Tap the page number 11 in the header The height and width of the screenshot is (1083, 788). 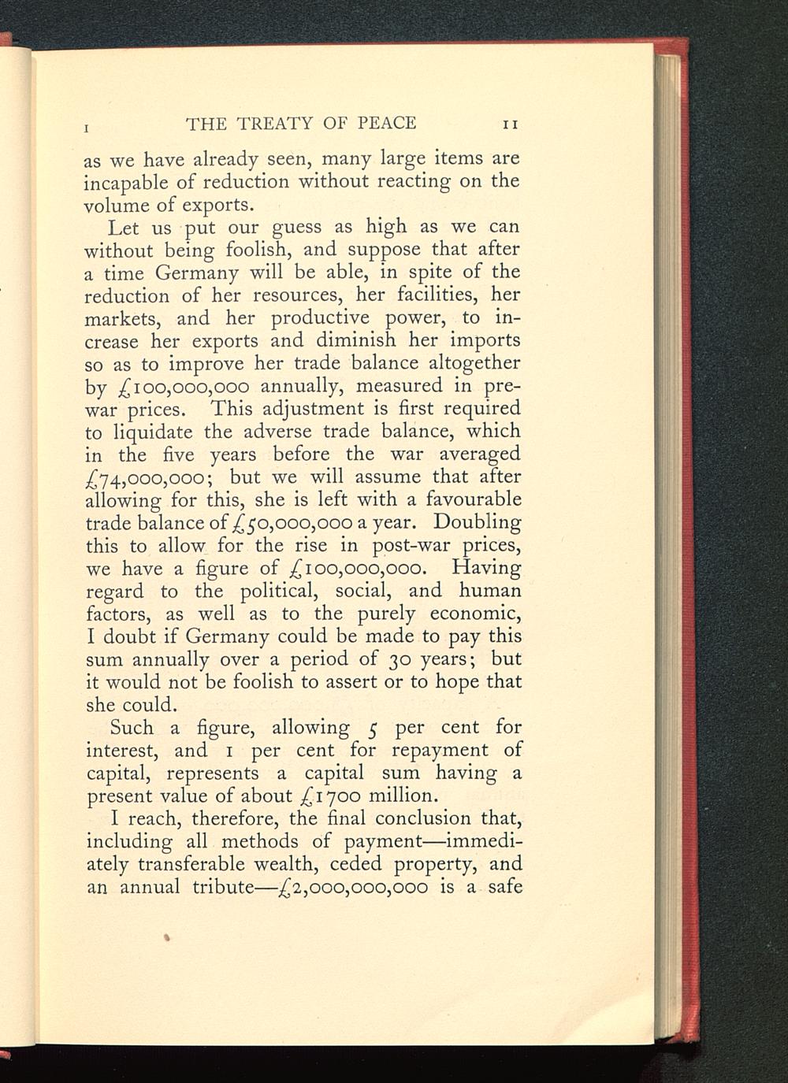pos(510,124)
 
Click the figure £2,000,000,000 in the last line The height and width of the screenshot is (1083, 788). pos(348,888)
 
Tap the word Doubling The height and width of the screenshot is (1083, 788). pos(478,522)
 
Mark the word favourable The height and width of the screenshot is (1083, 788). pos(473,499)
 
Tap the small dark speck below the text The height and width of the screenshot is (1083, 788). pos(167,937)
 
